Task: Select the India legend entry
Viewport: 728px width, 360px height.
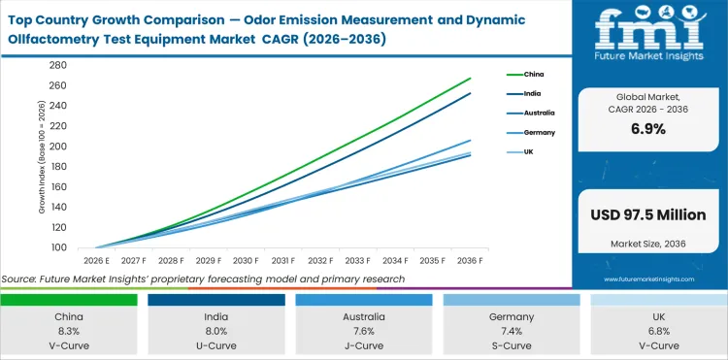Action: point(531,93)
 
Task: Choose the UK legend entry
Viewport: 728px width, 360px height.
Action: point(528,152)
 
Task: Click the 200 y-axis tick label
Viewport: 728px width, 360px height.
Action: point(57,147)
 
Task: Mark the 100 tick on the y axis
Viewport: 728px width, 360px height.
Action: point(57,248)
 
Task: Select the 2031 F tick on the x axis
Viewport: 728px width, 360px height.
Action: point(282,261)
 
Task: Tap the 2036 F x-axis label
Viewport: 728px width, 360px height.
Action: point(470,261)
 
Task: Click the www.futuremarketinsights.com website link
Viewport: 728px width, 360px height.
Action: point(649,279)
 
